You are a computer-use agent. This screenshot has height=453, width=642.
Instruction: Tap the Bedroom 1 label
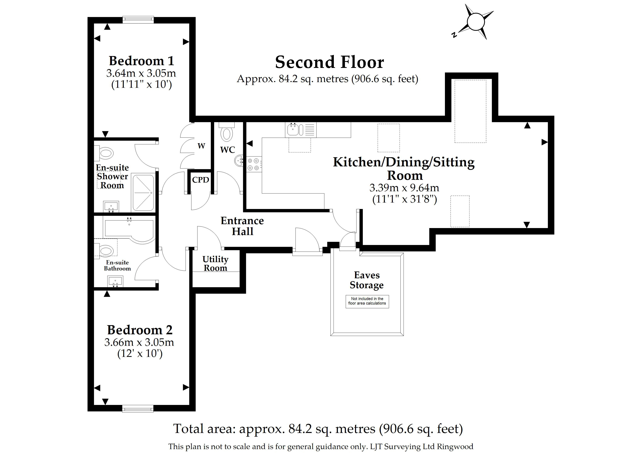[141, 61]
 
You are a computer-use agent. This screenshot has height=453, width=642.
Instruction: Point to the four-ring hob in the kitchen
[254, 164]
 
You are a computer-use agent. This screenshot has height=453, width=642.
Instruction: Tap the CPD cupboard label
[201, 180]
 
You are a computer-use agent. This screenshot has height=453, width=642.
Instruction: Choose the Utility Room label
[215, 263]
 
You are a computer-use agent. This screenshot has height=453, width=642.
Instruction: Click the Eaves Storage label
[367, 280]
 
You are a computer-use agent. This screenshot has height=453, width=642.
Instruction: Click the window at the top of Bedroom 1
[138, 20]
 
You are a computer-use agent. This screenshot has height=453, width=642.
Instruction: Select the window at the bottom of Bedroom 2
[138, 409]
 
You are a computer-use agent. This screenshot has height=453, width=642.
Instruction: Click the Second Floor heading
[330, 62]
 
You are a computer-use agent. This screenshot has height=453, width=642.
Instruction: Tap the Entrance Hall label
[242, 226]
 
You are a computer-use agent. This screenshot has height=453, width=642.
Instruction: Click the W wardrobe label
[201, 146]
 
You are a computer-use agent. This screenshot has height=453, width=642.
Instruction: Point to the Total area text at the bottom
[318, 429]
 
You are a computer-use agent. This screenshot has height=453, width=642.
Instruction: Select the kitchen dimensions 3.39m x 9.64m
[404, 188]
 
